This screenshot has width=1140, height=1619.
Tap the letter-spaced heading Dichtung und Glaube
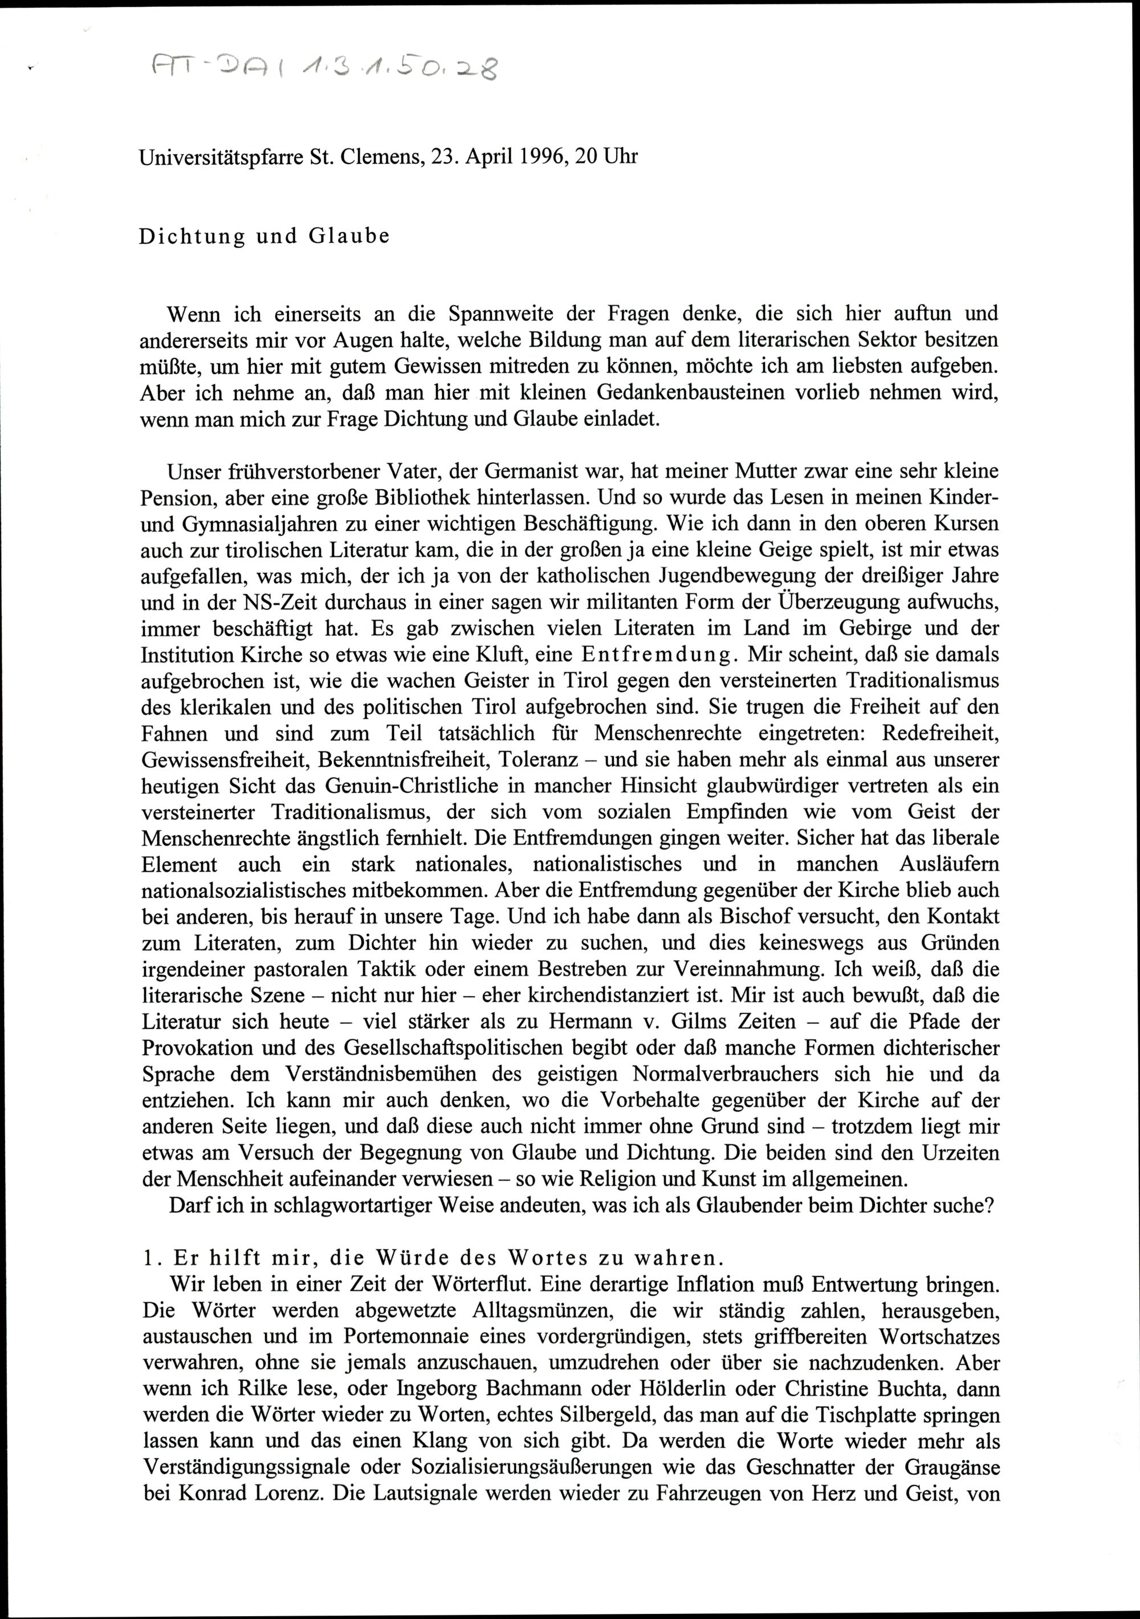point(264,236)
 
